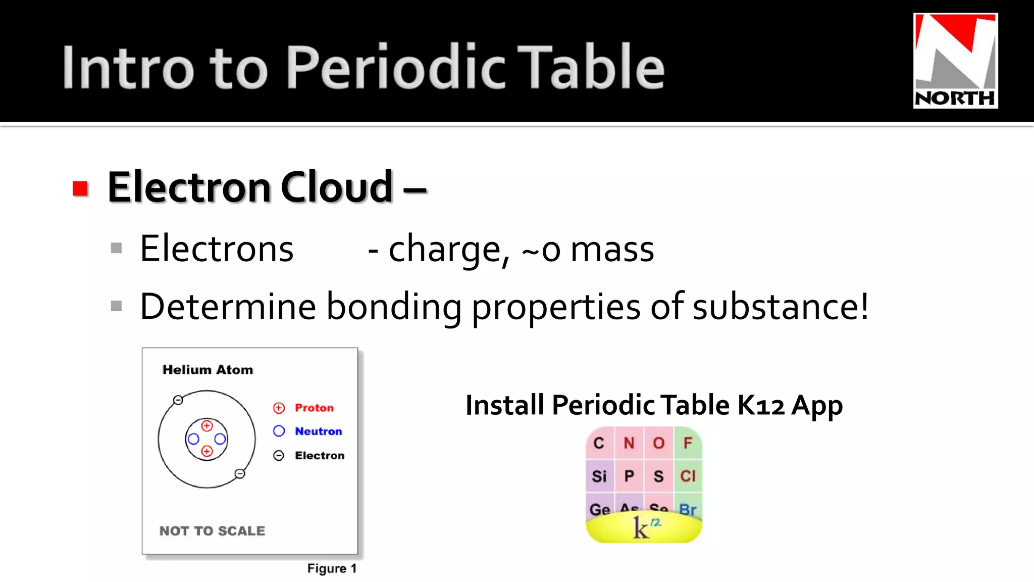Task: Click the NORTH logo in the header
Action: click(955, 61)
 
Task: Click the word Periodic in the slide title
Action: click(396, 67)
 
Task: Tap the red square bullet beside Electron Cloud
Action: click(80, 188)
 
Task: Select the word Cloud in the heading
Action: click(336, 187)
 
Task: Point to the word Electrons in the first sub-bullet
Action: click(217, 249)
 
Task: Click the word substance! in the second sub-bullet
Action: click(781, 306)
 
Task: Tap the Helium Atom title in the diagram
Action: click(208, 370)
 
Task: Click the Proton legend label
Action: click(314, 408)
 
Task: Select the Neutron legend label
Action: click(318, 431)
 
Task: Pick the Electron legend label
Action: click(320, 456)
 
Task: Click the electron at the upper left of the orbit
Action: click(178, 400)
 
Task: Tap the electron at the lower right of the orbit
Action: click(240, 473)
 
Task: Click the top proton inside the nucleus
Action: click(207, 426)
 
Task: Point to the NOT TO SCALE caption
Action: click(212, 531)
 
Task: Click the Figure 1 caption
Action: click(332, 568)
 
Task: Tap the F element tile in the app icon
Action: click(687, 443)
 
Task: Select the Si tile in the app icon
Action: click(599, 476)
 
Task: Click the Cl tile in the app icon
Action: click(688, 476)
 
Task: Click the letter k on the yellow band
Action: click(640, 528)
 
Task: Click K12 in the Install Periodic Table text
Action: click(761, 405)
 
